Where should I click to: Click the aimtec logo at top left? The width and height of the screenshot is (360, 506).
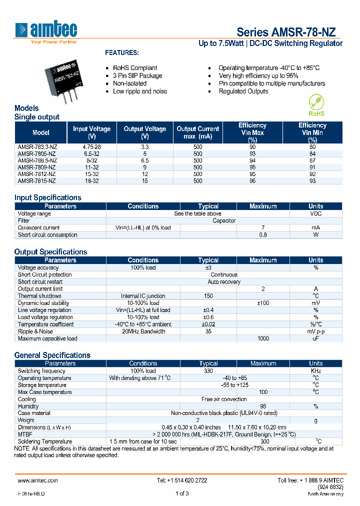click(x=46, y=31)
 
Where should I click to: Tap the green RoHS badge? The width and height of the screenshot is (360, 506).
click(x=316, y=105)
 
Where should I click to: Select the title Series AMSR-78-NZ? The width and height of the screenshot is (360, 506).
click(x=286, y=31)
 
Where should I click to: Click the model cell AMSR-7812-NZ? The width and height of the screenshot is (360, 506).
click(x=37, y=174)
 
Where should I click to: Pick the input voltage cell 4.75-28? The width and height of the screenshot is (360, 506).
click(x=91, y=147)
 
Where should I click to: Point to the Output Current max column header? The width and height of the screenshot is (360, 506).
click(x=198, y=132)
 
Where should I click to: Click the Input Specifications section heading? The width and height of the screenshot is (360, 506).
click(x=47, y=197)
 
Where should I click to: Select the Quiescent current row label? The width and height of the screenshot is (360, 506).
click(x=38, y=227)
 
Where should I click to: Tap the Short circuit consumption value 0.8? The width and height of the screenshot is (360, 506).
click(x=263, y=234)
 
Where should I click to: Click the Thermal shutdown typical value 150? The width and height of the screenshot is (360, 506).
click(x=208, y=296)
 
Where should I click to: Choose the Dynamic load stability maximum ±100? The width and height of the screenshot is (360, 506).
click(x=263, y=303)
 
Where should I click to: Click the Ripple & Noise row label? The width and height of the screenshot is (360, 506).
click(x=35, y=331)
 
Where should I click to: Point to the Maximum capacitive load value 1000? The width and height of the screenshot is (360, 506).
click(x=263, y=338)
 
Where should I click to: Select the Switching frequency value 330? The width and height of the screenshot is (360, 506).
click(x=208, y=371)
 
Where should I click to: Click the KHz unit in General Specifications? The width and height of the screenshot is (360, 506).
click(x=315, y=371)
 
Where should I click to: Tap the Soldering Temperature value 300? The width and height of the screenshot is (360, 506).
click(x=263, y=441)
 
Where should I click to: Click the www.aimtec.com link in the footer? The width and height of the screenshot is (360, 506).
click(x=38, y=480)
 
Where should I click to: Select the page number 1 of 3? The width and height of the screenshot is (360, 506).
click(x=182, y=493)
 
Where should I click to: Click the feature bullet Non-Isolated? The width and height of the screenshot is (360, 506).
click(x=129, y=83)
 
